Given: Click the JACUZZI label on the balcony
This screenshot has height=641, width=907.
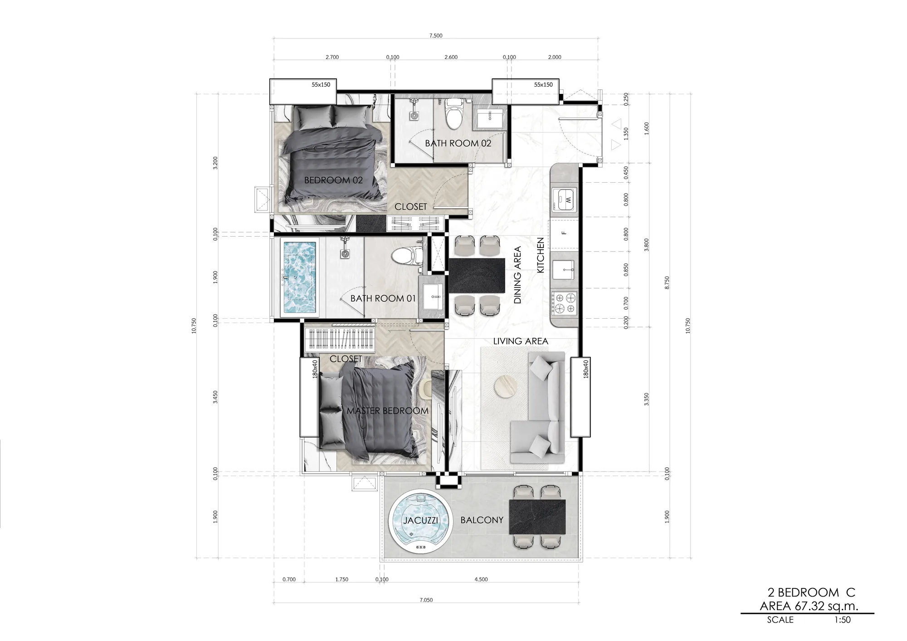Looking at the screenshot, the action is pos(421,520).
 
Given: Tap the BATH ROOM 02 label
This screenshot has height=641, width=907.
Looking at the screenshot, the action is pos(458,143).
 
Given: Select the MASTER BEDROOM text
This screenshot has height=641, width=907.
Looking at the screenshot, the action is pos(387,411).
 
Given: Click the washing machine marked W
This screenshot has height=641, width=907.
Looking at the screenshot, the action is pos(564,199).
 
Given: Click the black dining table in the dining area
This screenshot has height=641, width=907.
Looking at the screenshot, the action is pos(477,276).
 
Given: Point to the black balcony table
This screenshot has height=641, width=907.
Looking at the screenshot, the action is pos(537,517).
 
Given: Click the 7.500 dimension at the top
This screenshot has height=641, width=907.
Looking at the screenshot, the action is pos(435,36).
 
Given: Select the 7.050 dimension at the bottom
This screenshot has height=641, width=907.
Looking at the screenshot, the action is pos(426,600).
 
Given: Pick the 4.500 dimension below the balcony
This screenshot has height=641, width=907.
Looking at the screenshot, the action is pos(481,579).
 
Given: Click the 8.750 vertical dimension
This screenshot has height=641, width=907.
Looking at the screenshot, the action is pos(667,282).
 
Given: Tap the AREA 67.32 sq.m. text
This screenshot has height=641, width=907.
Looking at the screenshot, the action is pos(809,606).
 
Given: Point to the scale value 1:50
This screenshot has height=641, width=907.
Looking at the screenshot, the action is pos(842,620).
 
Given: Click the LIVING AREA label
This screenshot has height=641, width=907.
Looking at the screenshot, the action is pos(521,341).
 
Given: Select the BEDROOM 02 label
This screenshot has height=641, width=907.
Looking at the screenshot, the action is pos(333,180).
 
